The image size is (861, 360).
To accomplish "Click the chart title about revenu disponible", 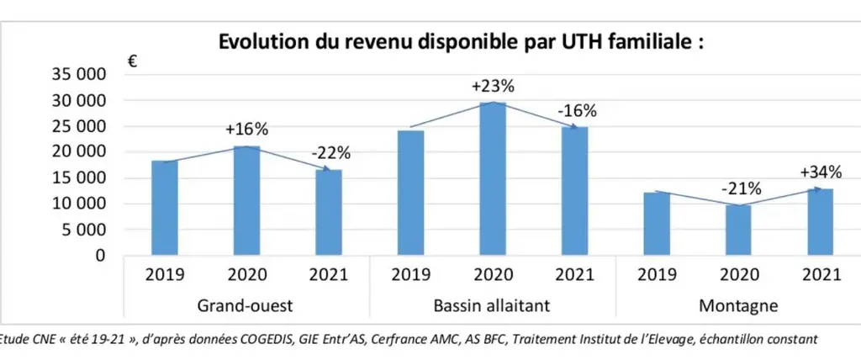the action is click(x=462, y=42).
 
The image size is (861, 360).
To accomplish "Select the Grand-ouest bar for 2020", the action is click(x=246, y=201).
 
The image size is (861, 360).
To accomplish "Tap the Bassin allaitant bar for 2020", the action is click(x=493, y=178).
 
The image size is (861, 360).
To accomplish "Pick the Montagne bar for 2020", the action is click(x=738, y=230).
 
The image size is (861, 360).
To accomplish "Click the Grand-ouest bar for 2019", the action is click(x=165, y=209).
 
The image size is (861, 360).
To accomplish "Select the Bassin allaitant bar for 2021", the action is click(x=574, y=191).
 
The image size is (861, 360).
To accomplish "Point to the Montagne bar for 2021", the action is click(x=821, y=222).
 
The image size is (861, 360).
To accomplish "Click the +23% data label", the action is click(x=493, y=87).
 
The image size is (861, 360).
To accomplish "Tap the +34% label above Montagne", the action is click(x=821, y=172).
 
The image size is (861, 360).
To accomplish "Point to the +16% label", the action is click(x=246, y=130).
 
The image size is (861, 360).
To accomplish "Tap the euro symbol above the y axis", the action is click(x=132, y=61).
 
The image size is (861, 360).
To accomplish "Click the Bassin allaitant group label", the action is click(x=492, y=305).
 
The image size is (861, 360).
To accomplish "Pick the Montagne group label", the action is click(x=738, y=305).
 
